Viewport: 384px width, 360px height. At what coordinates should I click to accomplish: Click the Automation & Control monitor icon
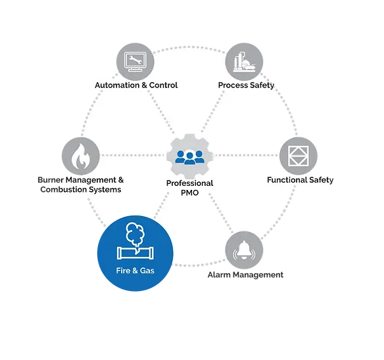tap(135, 62)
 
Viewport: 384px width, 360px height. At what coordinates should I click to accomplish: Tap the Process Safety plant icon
tap(244, 62)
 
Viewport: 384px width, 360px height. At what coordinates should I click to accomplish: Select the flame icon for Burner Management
tap(81, 156)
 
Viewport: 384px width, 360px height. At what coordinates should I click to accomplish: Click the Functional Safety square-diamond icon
tap(299, 156)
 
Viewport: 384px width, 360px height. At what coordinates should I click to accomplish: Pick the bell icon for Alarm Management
tap(244, 250)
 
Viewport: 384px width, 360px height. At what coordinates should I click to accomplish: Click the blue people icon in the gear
tap(189, 157)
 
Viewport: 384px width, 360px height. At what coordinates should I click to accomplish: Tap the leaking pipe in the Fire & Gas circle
tap(135, 253)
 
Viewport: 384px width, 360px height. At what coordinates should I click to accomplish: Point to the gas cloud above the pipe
tap(135, 235)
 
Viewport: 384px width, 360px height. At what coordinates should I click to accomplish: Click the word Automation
tap(117, 85)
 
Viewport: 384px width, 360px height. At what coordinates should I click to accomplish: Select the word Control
tap(163, 85)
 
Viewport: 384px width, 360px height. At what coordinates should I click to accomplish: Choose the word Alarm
tap(219, 275)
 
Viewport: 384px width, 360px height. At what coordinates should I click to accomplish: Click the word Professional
tap(190, 183)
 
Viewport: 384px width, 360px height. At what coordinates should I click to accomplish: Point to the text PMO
tap(190, 192)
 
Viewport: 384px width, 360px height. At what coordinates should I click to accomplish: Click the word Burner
tap(51, 180)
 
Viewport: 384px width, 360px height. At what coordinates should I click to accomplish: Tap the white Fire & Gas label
tap(135, 271)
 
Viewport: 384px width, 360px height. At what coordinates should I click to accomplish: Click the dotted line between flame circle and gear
tap(133, 155)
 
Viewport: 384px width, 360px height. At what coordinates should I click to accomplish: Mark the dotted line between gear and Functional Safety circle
tap(246, 155)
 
